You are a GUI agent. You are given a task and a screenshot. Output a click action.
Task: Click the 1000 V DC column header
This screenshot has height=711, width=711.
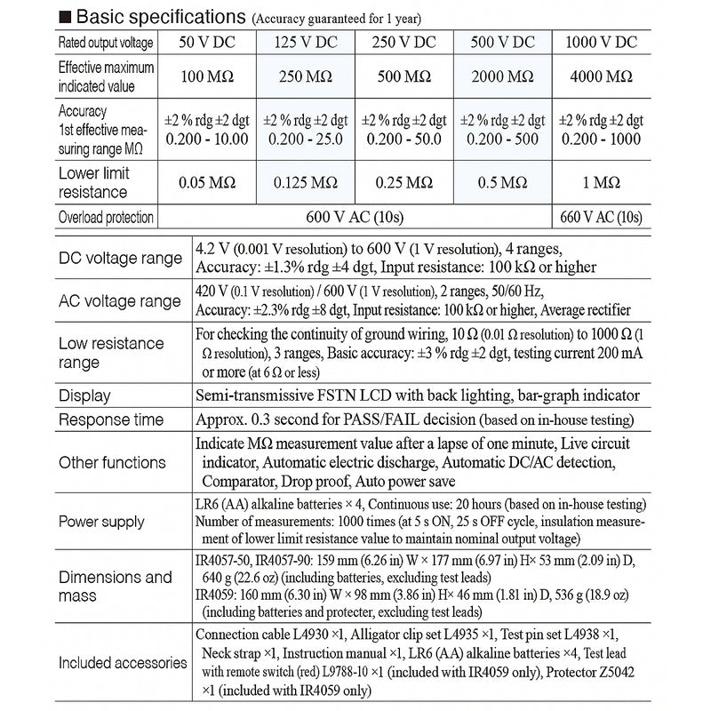602,43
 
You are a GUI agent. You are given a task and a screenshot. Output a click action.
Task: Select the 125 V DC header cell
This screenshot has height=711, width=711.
306,43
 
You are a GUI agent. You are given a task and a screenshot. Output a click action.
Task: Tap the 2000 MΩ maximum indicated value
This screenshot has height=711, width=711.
502,77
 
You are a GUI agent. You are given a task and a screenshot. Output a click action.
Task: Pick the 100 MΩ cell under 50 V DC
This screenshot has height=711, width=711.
207,77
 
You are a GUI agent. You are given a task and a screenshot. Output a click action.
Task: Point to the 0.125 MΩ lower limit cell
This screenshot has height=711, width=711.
306,183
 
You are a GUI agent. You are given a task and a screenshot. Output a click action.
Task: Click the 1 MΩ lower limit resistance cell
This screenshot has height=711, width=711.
602,183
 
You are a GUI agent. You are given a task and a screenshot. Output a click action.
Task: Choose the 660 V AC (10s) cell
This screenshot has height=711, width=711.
602,217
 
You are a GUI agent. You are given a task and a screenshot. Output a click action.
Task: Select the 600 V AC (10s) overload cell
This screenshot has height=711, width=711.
354,217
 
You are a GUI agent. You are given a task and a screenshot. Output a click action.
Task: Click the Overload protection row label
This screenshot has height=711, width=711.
106,217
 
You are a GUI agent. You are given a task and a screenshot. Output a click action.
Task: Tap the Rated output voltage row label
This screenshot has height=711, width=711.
106,43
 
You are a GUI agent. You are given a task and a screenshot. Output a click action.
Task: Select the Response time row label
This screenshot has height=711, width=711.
111,419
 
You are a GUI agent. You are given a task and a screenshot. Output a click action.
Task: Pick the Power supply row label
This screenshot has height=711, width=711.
101,522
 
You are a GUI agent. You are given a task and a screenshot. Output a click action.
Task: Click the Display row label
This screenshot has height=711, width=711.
84,395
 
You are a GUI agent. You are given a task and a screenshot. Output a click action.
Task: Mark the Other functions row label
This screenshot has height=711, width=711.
112,462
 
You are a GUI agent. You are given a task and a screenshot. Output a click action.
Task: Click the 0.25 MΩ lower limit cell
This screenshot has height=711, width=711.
404,183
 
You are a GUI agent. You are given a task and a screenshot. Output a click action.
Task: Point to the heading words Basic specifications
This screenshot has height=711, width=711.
160,17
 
